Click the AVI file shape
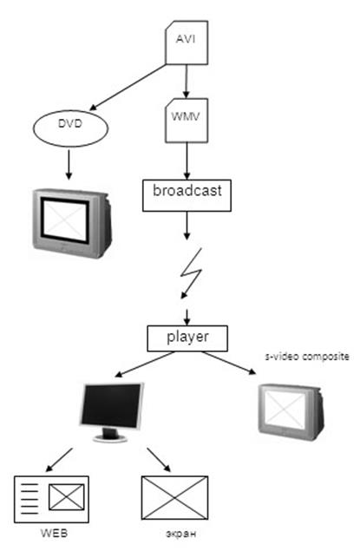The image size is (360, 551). (x=187, y=43)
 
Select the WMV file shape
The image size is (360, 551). (x=187, y=121)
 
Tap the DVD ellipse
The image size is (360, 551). (x=70, y=128)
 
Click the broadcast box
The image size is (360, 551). (x=187, y=196)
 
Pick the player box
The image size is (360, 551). (x=187, y=338)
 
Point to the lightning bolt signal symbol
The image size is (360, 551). (x=192, y=273)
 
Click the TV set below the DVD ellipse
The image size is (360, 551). (x=72, y=223)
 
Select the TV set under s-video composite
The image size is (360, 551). (x=291, y=412)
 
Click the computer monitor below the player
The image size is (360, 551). (x=112, y=412)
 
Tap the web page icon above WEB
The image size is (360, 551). (x=51, y=499)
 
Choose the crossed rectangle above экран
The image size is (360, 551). (x=174, y=497)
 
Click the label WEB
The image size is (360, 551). (x=54, y=533)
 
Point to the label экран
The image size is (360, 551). (x=181, y=534)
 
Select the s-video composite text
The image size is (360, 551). (x=307, y=357)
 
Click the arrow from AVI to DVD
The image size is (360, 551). (x=128, y=88)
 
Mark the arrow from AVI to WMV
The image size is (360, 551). (x=187, y=82)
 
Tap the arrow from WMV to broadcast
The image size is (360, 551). (x=187, y=161)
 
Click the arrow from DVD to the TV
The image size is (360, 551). (x=69, y=165)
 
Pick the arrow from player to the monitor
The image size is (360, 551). (x=145, y=364)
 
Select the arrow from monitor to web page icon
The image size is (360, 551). (x=59, y=460)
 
